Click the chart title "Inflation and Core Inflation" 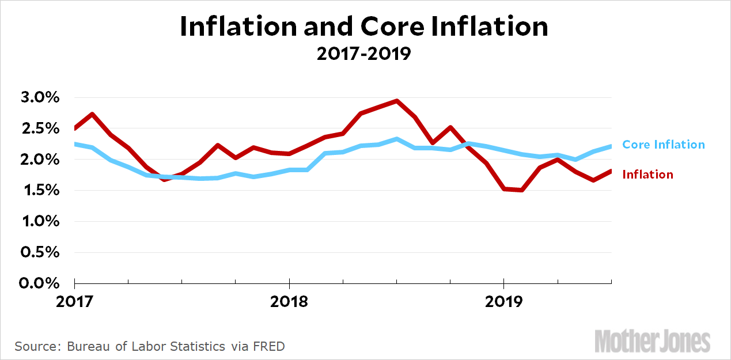[x=364, y=27]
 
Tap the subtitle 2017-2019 [x=364, y=54]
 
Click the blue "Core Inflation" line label [x=664, y=145]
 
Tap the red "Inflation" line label [x=647, y=175]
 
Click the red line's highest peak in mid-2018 [x=396, y=101]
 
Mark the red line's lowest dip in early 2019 [x=522, y=190]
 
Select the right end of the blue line [x=611, y=146]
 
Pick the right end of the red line [x=611, y=170]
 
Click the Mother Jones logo [x=652, y=340]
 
